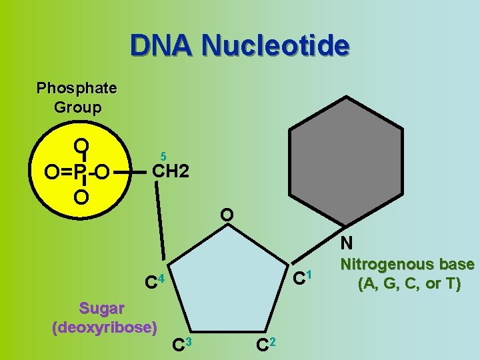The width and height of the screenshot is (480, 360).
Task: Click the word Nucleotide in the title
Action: coord(275,46)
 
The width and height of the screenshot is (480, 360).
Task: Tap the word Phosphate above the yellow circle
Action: coord(77,88)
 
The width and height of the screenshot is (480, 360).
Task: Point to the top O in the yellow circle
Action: coord(81,146)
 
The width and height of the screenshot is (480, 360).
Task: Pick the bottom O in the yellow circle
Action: coord(81,198)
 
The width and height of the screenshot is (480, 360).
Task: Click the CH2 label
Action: coord(171,171)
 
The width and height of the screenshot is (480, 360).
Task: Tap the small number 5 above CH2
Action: coord(163,155)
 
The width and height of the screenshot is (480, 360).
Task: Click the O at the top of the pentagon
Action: coord(227,215)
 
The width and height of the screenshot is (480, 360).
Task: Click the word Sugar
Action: coord(101,308)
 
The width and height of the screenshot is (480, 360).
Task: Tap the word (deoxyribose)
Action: coord(105,327)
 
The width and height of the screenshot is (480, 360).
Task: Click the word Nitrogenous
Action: coord(407,265)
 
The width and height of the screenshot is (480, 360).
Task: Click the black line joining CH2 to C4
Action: coord(162,227)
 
